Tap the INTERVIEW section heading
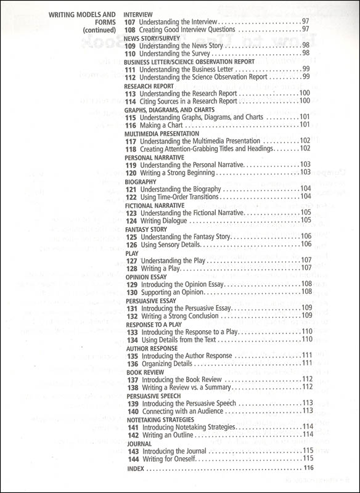(x=139, y=13)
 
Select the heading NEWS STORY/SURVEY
(x=152, y=38)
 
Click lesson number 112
(x=131, y=78)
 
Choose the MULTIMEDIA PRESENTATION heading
(x=162, y=133)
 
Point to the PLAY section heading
(x=131, y=253)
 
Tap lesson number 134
(x=131, y=340)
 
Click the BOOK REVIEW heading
(x=143, y=372)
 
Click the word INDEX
(x=134, y=468)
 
